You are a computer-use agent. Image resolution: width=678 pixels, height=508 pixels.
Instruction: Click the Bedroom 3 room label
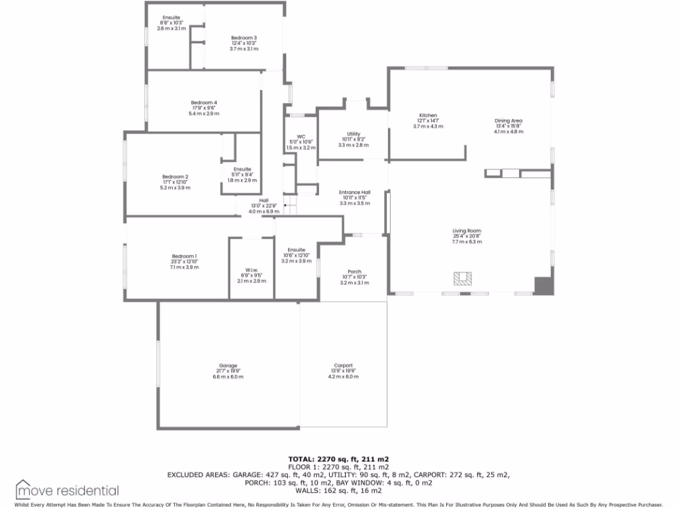click(244, 38)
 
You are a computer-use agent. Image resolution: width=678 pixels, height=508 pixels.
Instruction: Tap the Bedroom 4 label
click(204, 103)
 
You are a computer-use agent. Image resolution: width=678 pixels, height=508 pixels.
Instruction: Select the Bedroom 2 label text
click(175, 177)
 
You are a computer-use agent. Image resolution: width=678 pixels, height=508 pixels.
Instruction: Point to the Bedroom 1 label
click(184, 256)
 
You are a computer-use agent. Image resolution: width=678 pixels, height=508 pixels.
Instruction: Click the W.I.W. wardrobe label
click(252, 270)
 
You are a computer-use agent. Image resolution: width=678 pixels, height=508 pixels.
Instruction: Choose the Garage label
click(228, 366)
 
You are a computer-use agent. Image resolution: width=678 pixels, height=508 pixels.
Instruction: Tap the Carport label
click(343, 366)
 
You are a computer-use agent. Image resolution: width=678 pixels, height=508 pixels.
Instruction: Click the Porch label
click(354, 271)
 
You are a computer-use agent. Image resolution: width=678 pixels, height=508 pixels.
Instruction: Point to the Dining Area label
click(508, 121)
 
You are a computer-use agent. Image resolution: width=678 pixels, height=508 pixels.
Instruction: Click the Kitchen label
click(428, 116)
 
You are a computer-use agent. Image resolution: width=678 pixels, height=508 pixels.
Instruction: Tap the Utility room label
click(353, 134)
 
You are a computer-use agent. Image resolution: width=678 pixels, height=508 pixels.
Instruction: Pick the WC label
click(301, 137)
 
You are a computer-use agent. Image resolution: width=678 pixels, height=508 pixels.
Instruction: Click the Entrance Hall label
click(354, 192)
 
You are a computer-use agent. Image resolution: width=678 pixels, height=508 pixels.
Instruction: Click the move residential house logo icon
click(24, 489)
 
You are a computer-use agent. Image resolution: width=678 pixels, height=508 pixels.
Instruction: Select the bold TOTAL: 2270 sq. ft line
click(338, 458)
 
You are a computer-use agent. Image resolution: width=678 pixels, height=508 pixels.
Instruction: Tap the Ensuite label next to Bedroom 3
click(171, 17)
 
